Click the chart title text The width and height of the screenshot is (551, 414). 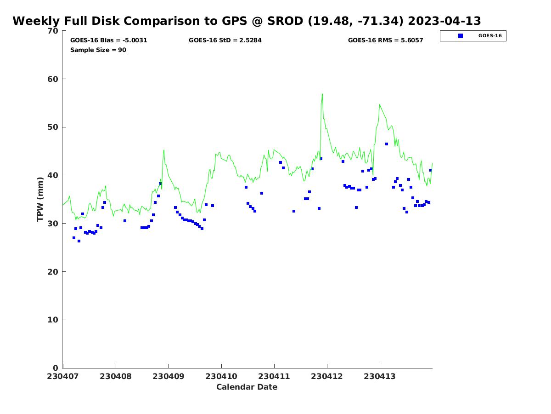(x=247, y=21)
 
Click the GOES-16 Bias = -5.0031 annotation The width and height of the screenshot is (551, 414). (x=108, y=40)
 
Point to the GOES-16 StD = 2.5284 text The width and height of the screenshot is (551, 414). (x=225, y=40)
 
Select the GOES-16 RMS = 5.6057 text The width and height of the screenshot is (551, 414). (x=385, y=40)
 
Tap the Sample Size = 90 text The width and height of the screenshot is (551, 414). (x=98, y=50)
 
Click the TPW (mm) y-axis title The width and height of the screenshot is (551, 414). (x=40, y=199)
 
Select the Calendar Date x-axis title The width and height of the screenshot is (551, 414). (x=247, y=387)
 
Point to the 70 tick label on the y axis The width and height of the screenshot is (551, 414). (x=53, y=31)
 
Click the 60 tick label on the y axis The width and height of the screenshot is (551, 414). (x=53, y=79)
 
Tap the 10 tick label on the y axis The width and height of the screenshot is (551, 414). (x=53, y=320)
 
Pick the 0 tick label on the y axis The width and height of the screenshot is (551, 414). (x=55, y=368)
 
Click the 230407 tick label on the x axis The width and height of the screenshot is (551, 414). (x=63, y=376)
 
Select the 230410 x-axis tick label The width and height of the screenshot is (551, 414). (x=221, y=376)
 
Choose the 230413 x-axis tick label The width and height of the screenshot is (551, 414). (x=380, y=376)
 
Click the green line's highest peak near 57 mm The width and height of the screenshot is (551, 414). (x=322, y=94)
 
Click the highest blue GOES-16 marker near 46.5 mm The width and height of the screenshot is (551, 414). (x=387, y=144)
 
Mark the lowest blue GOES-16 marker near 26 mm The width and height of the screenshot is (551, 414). (x=79, y=241)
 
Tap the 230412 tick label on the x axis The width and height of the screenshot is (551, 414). (x=327, y=376)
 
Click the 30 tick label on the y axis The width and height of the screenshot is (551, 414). (x=53, y=224)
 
